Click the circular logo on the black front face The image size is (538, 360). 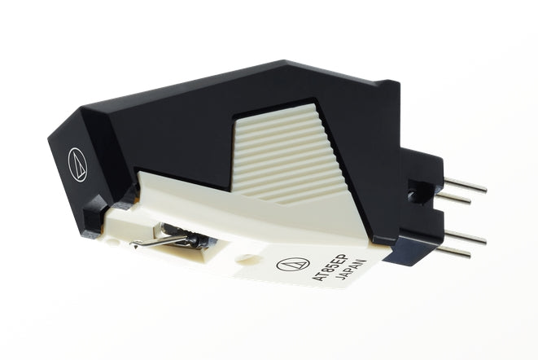pyautogui.click(x=77, y=165)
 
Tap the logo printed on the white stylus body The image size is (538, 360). pyautogui.click(x=293, y=264)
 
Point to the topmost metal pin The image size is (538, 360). pyautogui.click(x=466, y=185)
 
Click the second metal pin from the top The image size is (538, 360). pyautogui.click(x=453, y=198)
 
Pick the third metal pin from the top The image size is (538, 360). pyautogui.click(x=466, y=237)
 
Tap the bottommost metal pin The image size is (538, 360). pyautogui.click(x=453, y=252)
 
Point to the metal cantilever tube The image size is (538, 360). pyautogui.click(x=160, y=240)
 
